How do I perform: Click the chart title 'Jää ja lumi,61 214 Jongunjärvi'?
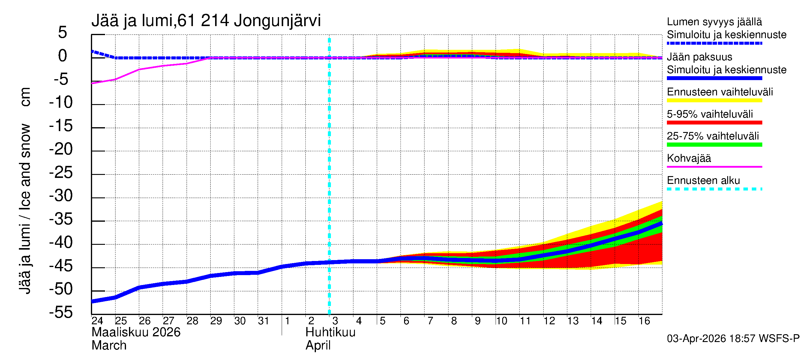tap(206, 21)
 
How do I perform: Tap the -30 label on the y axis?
tap(61, 196)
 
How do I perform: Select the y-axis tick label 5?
tap(63, 32)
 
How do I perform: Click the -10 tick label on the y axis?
tap(61, 102)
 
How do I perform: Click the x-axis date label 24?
tap(97, 321)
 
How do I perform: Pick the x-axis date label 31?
tap(263, 321)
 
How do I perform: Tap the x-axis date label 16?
tap(644, 321)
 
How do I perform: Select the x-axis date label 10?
tap(502, 321)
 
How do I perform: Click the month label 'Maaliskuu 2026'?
tap(136, 332)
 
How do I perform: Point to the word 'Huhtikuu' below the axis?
tap(330, 332)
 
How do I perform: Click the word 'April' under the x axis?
tap(318, 346)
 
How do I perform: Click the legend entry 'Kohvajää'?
tap(688, 158)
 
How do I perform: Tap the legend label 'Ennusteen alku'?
tap(703, 181)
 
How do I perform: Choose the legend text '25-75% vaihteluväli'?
tap(712, 136)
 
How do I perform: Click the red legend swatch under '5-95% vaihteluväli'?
tap(714, 123)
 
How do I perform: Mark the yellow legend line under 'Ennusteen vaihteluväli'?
tap(714, 100)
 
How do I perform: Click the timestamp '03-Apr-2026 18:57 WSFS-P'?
tap(733, 339)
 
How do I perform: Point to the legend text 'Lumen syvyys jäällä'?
tap(714, 22)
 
